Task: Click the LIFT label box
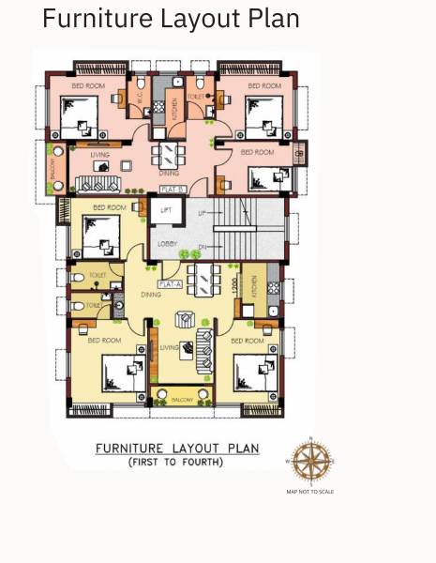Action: click(x=166, y=211)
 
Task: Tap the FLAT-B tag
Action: click(x=172, y=190)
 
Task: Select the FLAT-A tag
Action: click(x=170, y=283)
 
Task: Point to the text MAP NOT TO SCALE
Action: click(x=309, y=492)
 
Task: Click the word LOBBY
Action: click(x=167, y=245)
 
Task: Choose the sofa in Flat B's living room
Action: click(x=94, y=182)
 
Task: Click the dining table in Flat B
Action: click(x=170, y=153)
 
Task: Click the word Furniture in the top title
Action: click(x=88, y=18)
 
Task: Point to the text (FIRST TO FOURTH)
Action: click(x=175, y=463)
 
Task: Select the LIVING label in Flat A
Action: click(x=169, y=348)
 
